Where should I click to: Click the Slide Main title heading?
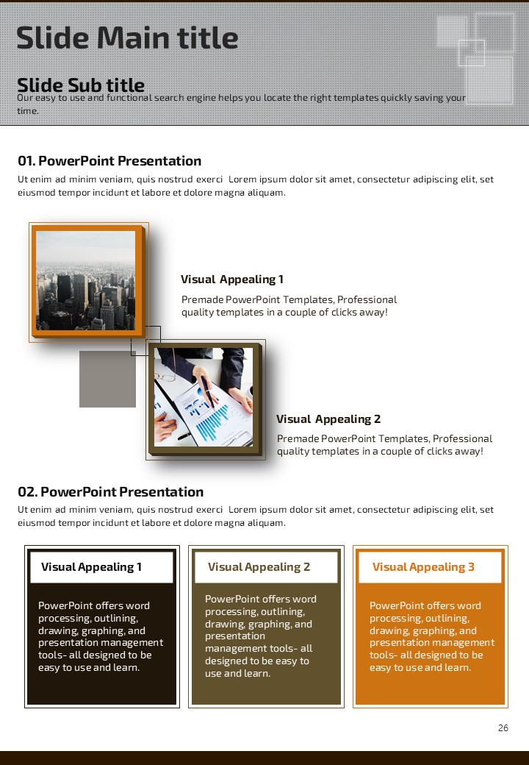(x=127, y=38)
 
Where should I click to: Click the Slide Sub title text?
(x=81, y=85)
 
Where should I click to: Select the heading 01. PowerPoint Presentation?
(x=109, y=161)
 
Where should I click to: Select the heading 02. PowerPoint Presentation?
(x=110, y=492)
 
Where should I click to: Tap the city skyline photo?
(x=85, y=280)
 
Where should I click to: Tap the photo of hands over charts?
(x=203, y=397)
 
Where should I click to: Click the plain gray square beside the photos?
(x=107, y=379)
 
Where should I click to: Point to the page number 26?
(x=503, y=728)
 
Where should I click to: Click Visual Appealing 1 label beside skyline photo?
(x=232, y=280)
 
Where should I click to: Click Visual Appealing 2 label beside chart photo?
(x=328, y=419)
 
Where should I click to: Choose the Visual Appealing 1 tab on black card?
(x=92, y=567)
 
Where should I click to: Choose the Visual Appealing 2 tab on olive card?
(x=259, y=567)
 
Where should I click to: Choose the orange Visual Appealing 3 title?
(x=423, y=567)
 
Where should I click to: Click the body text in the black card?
(x=100, y=636)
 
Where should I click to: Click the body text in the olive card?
(x=261, y=636)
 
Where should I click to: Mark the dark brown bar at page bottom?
(x=264, y=758)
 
